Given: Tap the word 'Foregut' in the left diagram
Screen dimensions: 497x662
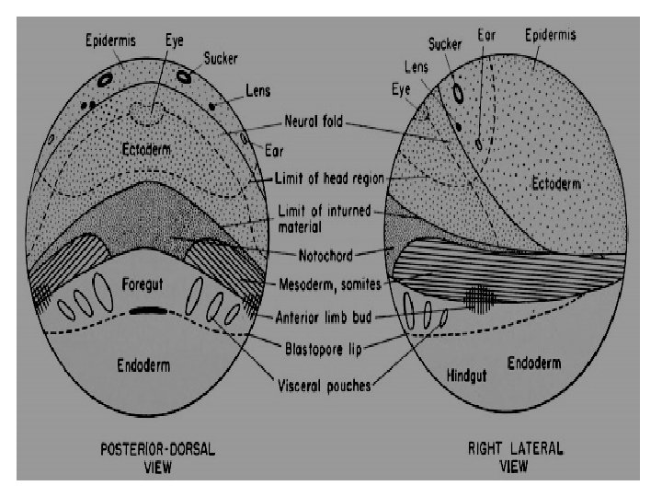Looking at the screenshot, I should pyautogui.click(x=142, y=283).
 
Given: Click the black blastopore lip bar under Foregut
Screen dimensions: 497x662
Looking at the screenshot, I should pyautogui.click(x=148, y=311).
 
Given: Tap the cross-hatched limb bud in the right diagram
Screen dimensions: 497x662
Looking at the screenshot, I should pyautogui.click(x=478, y=297).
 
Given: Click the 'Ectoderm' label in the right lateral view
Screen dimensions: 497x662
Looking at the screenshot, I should pyautogui.click(x=556, y=184).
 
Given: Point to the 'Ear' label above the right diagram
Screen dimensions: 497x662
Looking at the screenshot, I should pyautogui.click(x=487, y=36).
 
